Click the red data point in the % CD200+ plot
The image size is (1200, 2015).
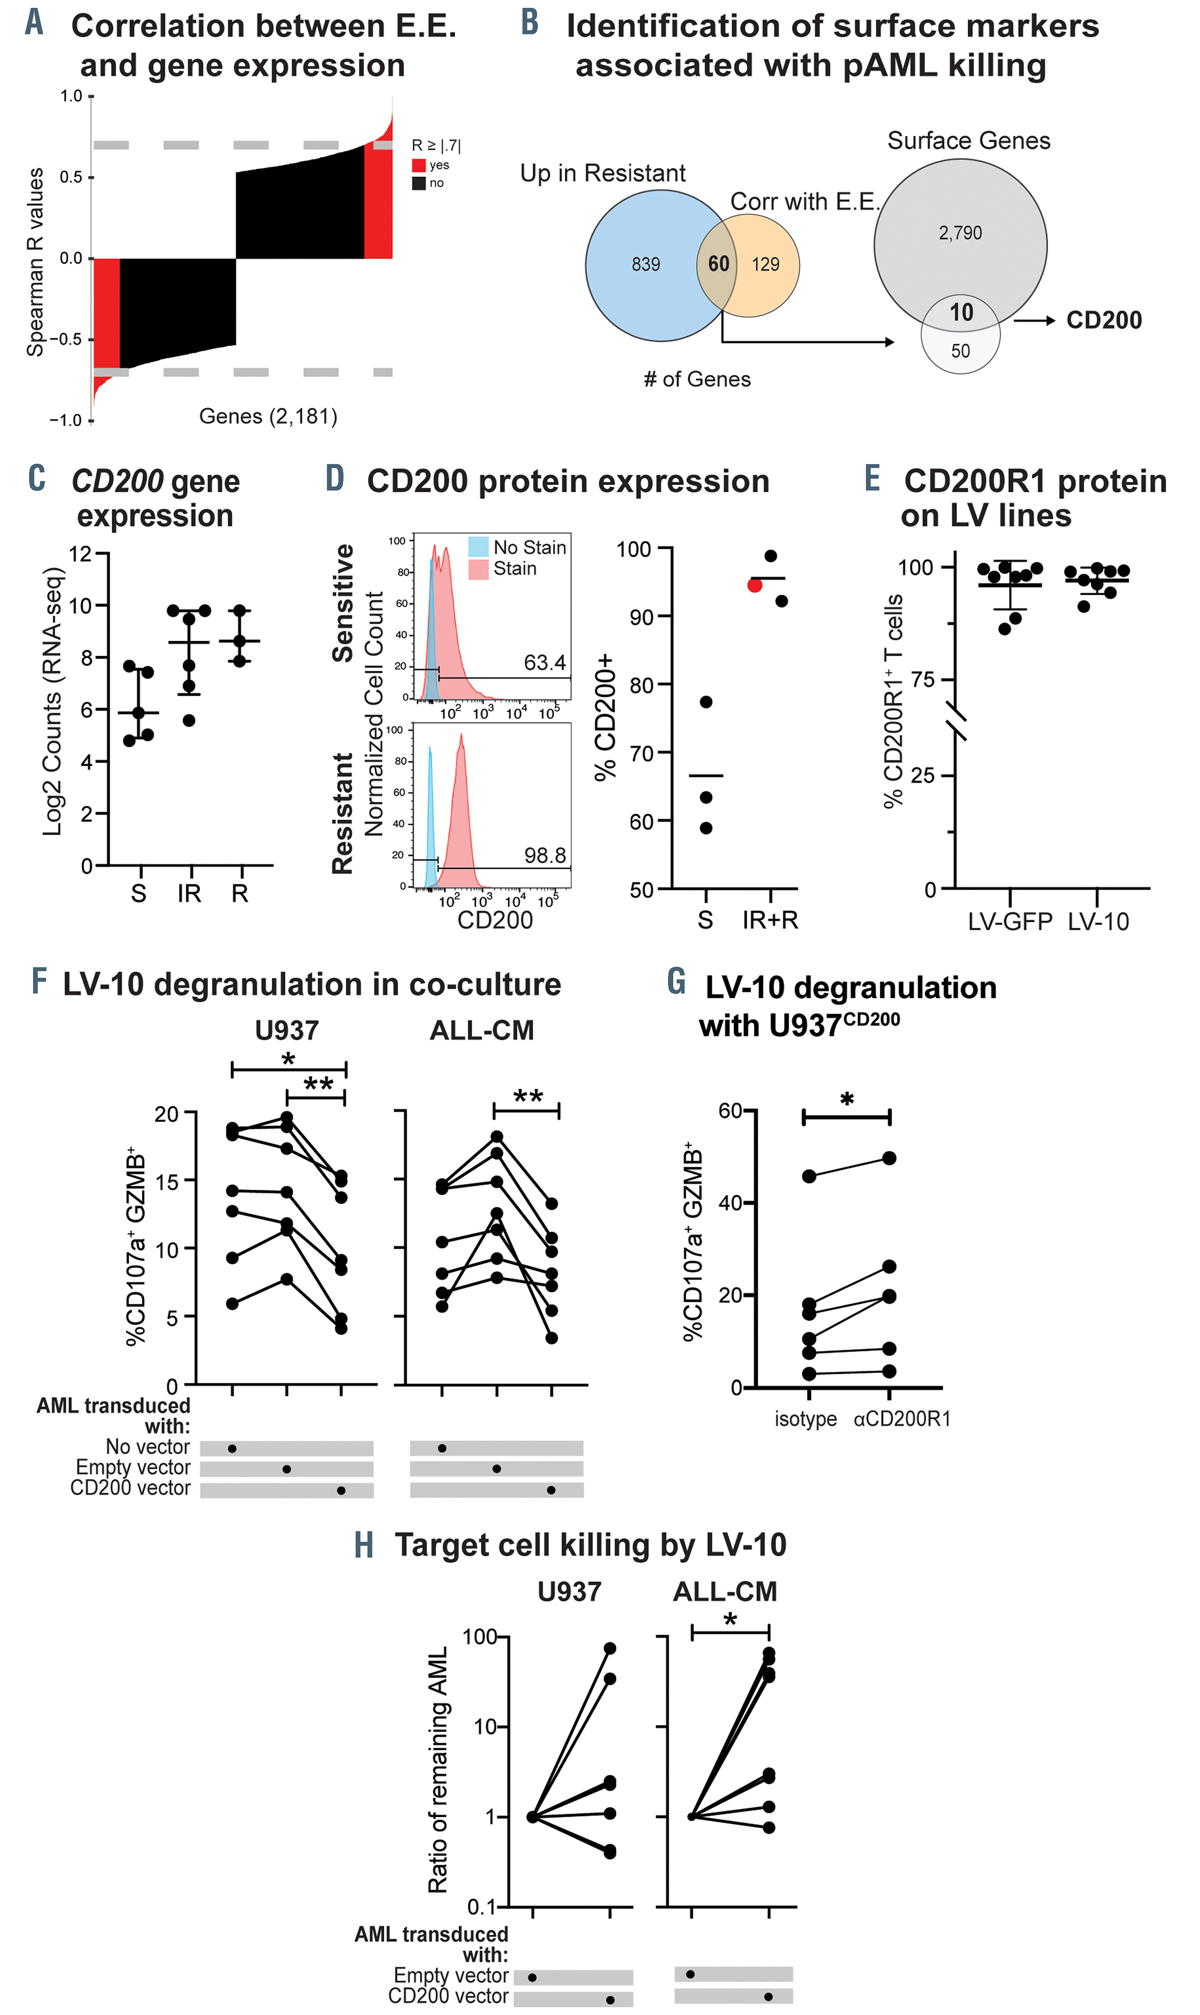pyautogui.click(x=755, y=585)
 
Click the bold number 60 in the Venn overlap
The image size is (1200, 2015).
pyautogui.click(x=718, y=264)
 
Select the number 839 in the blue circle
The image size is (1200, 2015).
pyautogui.click(x=646, y=264)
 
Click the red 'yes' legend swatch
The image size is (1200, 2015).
pyautogui.click(x=419, y=165)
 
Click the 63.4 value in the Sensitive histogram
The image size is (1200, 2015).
pyautogui.click(x=544, y=663)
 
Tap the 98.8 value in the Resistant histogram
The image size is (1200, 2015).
pyautogui.click(x=544, y=855)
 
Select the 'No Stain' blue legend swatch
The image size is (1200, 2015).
pyautogui.click(x=478, y=547)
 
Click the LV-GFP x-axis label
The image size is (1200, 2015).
pyautogui.click(x=1010, y=921)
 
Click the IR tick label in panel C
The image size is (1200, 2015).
pyautogui.click(x=189, y=894)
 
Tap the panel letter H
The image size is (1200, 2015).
pyautogui.click(x=364, y=1545)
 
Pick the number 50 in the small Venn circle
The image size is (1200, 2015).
pyautogui.click(x=960, y=351)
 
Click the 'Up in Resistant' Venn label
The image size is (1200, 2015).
pyautogui.click(x=603, y=173)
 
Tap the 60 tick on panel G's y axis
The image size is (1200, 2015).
pyautogui.click(x=730, y=1111)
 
